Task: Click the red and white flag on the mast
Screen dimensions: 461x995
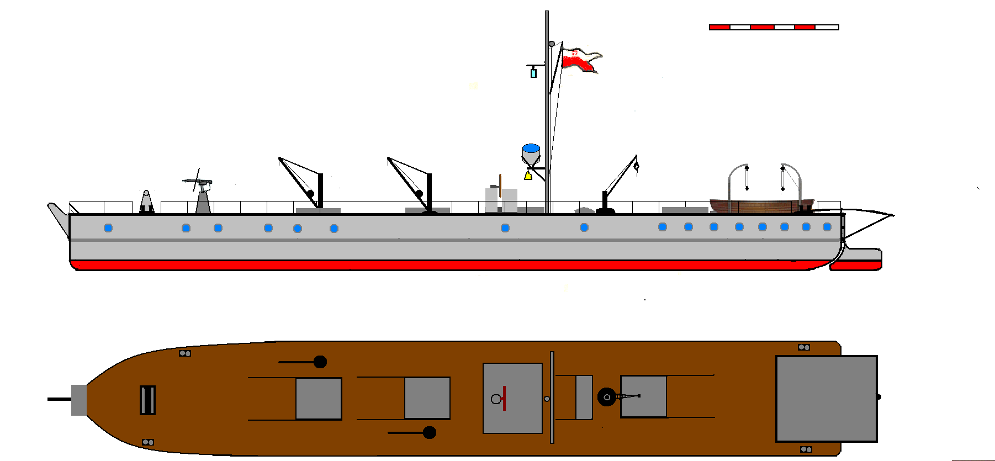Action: point(580,60)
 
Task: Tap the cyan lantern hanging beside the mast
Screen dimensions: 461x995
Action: point(533,73)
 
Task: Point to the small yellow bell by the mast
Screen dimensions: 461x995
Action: point(528,176)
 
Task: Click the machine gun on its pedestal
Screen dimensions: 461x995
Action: point(199,182)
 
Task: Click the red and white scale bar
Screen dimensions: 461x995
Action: point(774,27)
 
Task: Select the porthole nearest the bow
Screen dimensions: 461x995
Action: point(108,228)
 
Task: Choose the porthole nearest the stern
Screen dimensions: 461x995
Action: point(827,227)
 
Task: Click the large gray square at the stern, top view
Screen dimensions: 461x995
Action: point(826,399)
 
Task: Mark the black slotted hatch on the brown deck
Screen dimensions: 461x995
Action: point(147,400)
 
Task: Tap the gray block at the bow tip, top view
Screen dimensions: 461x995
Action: point(79,400)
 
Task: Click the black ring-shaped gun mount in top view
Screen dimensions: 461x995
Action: point(606,397)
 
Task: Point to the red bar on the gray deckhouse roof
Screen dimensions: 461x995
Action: point(504,398)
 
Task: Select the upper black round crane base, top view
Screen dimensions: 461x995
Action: point(320,362)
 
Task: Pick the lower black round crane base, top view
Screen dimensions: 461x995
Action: point(429,432)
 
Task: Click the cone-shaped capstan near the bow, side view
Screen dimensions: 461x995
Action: point(146,202)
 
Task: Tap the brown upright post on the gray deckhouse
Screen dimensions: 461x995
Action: point(500,186)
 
